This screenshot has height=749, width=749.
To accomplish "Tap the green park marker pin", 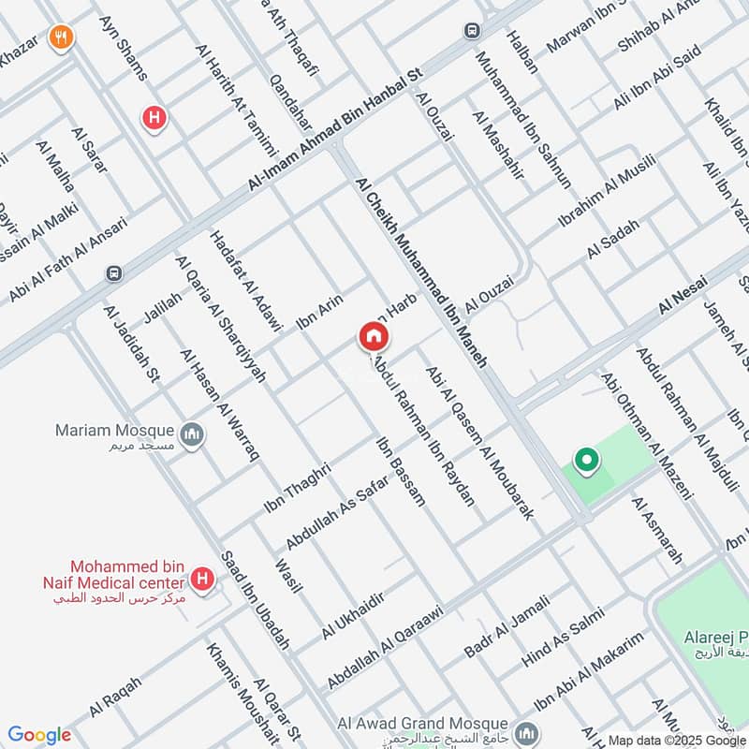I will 586,460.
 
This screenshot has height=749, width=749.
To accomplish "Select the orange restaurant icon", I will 62,37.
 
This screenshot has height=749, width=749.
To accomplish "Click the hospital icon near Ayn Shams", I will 152,118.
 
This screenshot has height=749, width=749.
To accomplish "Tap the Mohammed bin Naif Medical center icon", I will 200,580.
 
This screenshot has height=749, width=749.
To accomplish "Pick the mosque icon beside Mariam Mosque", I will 192,434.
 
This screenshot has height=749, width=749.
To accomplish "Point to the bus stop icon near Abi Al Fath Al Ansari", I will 114,274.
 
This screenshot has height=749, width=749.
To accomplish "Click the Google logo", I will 39,735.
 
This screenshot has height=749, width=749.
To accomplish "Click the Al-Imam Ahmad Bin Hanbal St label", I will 337,128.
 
